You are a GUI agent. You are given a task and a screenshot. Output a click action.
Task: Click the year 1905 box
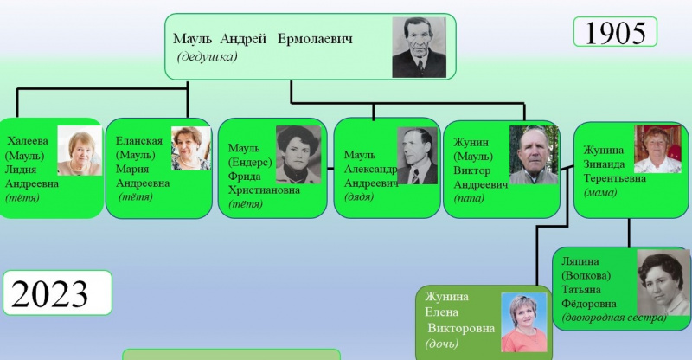615,33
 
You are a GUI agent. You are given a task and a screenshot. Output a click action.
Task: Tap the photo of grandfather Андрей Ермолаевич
420,48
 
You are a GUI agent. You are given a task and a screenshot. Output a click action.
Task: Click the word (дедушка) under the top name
207,57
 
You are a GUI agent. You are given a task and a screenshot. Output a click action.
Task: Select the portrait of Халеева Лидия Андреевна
80,151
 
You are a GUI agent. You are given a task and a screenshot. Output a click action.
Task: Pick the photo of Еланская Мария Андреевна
191,149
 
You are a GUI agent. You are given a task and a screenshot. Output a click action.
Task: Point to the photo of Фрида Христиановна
298,155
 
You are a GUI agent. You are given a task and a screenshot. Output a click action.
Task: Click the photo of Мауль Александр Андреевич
417,156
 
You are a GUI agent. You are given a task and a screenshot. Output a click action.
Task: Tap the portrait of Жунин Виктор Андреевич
534,155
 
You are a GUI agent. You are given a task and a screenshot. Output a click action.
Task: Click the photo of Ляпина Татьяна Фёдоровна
663,282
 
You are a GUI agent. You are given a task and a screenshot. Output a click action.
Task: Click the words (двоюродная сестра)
613,318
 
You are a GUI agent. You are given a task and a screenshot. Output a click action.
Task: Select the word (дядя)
359,197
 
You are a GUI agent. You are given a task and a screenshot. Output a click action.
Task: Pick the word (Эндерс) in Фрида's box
249,162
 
